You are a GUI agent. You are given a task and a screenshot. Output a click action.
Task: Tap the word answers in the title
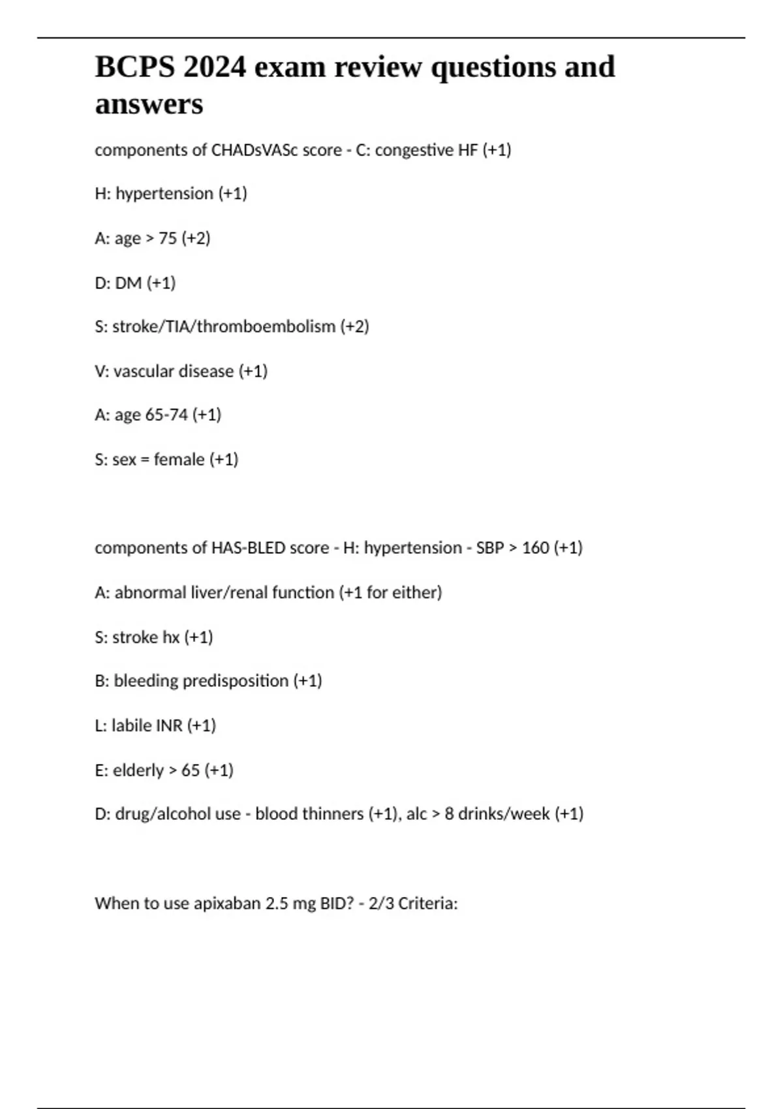tap(149, 104)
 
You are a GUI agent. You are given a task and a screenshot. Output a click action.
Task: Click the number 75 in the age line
tap(168, 238)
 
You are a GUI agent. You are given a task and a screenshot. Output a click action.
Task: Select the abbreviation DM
tap(129, 282)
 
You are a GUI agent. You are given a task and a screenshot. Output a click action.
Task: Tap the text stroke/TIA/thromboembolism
tap(224, 326)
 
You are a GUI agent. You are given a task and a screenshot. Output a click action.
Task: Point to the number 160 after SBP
tap(535, 547)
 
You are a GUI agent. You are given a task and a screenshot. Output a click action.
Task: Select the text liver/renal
tap(228, 592)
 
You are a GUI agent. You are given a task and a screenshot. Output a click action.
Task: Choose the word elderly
tap(138, 770)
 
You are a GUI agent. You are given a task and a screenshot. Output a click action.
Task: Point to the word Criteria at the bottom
tap(427, 904)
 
